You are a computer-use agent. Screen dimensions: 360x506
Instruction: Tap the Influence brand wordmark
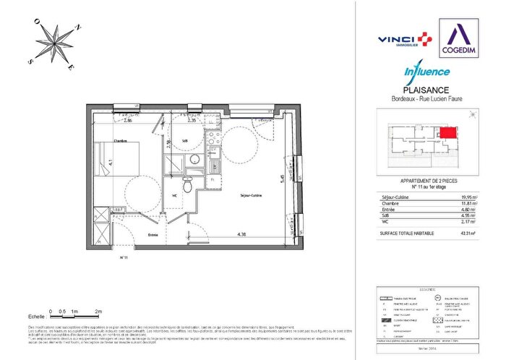(426, 71)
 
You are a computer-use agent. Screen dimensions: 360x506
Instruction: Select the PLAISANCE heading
(426, 90)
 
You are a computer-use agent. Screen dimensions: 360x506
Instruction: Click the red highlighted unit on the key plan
(449, 133)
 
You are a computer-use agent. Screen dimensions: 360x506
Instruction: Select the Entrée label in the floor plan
(154, 234)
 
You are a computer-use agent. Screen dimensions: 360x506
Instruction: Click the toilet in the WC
(187, 184)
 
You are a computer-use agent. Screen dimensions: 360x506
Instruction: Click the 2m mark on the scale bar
(98, 310)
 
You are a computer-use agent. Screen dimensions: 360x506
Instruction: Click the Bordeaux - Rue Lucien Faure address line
(426, 98)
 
